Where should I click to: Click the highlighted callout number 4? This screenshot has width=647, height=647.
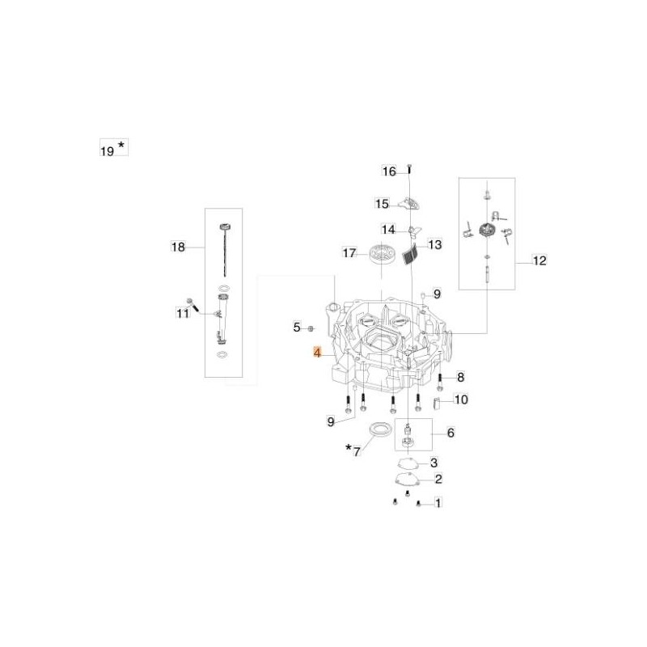click(317, 353)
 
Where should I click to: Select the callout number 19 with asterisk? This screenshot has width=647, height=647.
click(113, 148)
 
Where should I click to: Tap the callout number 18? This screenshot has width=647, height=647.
click(178, 247)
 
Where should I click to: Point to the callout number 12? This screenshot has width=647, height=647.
click(539, 260)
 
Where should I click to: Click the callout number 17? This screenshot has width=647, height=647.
click(349, 252)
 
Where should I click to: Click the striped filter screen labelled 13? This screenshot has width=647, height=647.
click(409, 254)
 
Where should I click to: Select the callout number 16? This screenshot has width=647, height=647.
click(389, 171)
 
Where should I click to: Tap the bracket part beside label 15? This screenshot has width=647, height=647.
click(409, 203)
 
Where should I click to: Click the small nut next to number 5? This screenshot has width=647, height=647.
click(311, 328)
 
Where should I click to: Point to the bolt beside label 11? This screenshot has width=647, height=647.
click(192, 304)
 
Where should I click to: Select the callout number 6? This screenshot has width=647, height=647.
click(450, 433)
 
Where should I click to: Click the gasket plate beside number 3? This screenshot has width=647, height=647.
click(408, 463)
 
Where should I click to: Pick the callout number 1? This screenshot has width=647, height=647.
click(438, 502)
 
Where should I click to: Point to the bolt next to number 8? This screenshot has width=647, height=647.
click(439, 381)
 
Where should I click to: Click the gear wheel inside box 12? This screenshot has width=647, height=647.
click(488, 230)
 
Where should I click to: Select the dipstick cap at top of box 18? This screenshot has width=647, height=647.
click(224, 227)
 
